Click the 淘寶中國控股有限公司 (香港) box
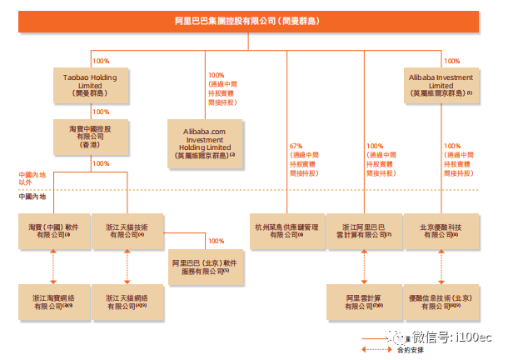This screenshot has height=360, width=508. pyautogui.click(x=91, y=136)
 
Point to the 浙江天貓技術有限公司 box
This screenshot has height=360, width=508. pyautogui.click(x=127, y=231)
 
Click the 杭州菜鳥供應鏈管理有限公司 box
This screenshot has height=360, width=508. pyautogui.click(x=287, y=231)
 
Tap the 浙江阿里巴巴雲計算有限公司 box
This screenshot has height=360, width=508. pyautogui.click(x=363, y=231)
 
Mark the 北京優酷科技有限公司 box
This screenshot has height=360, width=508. pyautogui.click(x=441, y=231)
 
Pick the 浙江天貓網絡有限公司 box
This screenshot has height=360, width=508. pyautogui.click(x=127, y=302)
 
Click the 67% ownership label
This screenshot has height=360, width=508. pyautogui.click(x=296, y=146)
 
